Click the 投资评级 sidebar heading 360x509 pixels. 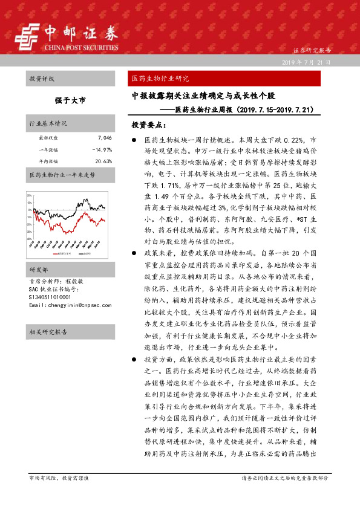coord(42,79)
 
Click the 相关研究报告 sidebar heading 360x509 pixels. coord(48,332)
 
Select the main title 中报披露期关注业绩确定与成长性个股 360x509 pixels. coord(205,96)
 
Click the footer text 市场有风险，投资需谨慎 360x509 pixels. coord(59,478)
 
